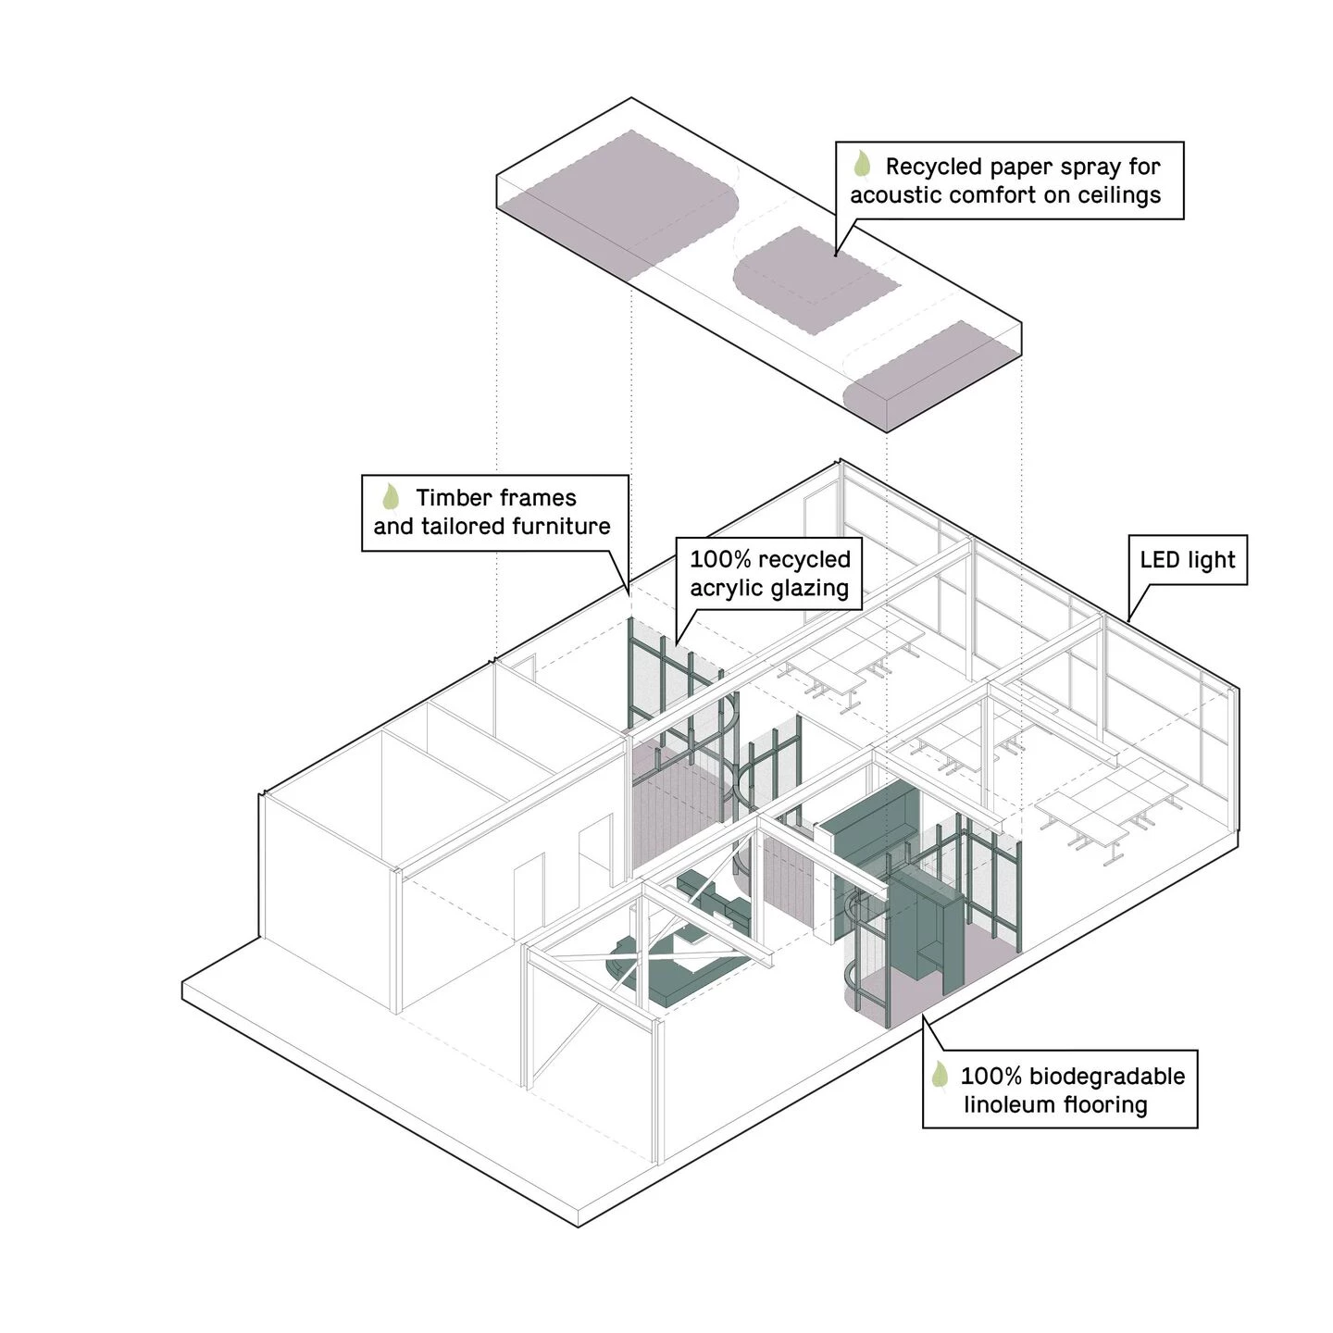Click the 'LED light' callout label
(x=1187, y=560)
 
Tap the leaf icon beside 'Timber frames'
(x=391, y=497)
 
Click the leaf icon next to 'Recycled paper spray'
(x=861, y=164)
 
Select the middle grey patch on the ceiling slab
(x=816, y=280)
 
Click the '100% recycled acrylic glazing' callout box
(x=768, y=573)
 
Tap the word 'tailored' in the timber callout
(x=457, y=527)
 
